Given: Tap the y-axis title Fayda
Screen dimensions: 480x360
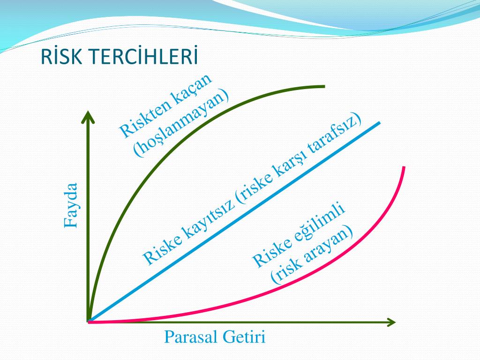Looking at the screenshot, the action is coord(71,205).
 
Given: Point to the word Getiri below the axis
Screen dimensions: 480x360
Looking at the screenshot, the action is coord(244,337).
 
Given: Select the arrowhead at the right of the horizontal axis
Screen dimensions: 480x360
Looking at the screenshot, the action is coord(391,322).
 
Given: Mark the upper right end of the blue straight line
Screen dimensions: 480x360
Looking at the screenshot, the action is coord(380,123).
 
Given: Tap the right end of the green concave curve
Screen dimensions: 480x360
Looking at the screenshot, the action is coord(324,87).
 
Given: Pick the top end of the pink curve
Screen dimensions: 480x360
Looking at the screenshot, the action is coord(404,167).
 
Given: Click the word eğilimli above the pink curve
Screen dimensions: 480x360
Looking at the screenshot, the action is coord(320,225).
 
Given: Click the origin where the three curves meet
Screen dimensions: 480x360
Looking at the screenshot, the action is coord(89,322).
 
